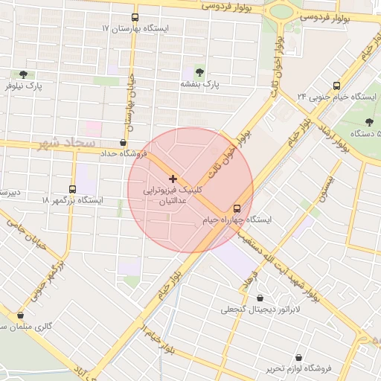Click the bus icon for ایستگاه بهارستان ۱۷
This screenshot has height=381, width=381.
click(135, 16)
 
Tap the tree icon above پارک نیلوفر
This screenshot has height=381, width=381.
click(23, 74)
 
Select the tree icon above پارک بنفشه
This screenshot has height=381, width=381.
click(199, 71)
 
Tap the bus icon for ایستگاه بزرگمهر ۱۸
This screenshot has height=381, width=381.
click(73, 189)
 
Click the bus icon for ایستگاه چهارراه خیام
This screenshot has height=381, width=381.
click(237, 208)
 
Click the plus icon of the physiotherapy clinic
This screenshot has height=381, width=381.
click(173, 179)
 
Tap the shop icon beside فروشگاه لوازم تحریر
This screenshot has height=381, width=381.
click(299, 357)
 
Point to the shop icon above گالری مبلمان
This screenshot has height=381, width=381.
click(20, 315)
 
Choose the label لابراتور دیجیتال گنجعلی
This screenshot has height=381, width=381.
click(259, 309)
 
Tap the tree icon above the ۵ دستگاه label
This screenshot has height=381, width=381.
click(370, 121)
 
